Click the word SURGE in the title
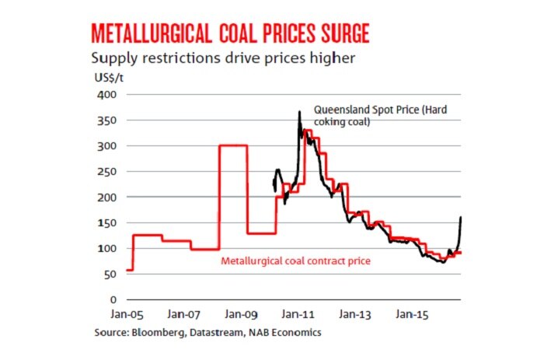point(333,33)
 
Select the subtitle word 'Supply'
point(113,58)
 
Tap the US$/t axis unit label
point(105,79)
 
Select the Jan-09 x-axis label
point(242,316)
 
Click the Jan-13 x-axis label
point(355,316)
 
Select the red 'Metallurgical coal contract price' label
point(295,260)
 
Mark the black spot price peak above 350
point(300,113)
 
